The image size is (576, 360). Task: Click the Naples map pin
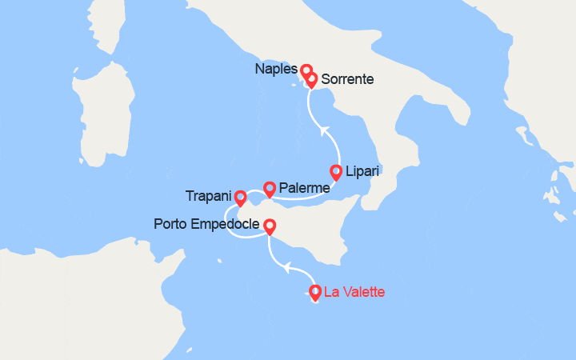tap(306, 70)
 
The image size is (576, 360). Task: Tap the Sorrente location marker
tap(311, 79)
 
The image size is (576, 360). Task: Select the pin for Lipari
tap(336, 170)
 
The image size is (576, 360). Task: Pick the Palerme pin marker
tap(270, 187)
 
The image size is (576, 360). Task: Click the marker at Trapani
tap(240, 196)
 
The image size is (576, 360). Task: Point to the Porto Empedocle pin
tap(270, 226)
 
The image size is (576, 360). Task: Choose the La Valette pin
tap(315, 292)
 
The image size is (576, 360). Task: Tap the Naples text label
tap(276, 70)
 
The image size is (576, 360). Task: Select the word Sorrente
tap(347, 79)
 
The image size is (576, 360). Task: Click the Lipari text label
tap(363, 171)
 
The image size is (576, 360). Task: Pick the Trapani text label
tap(207, 196)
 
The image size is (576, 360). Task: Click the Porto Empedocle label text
tap(206, 225)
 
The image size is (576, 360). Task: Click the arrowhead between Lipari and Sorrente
tap(323, 129)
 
